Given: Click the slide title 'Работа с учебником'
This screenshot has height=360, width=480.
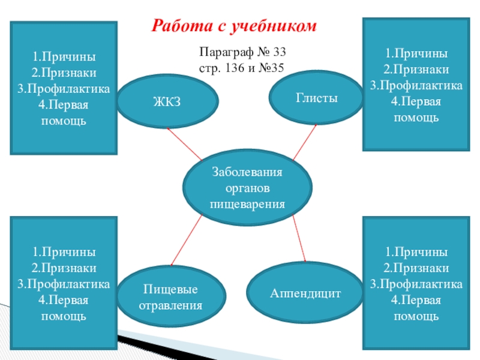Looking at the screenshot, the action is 233,26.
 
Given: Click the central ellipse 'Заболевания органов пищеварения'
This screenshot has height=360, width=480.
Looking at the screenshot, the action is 247,188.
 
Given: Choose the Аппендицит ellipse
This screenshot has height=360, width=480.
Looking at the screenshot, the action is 305,293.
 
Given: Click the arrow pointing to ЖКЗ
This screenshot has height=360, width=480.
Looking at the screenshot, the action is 185,144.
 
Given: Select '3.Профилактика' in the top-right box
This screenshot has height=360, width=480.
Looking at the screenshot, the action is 416,86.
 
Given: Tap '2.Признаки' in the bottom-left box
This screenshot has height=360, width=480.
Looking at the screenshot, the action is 64,267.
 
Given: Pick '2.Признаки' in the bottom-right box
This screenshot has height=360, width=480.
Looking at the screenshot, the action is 416,267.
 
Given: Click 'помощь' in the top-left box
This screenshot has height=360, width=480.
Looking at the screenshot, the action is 64,121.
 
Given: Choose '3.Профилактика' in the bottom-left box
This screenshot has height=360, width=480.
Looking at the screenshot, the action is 64,283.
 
